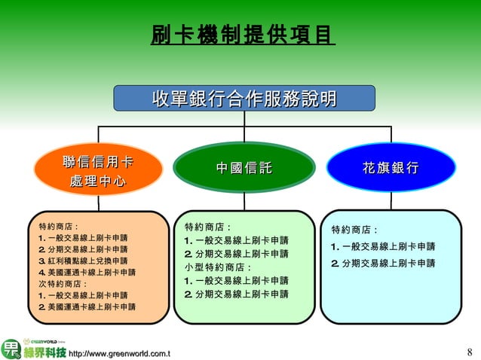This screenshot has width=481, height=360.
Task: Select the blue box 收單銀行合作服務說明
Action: tap(244, 99)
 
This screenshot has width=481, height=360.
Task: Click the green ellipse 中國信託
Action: tap(244, 168)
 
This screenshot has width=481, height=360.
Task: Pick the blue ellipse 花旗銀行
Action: tap(391, 167)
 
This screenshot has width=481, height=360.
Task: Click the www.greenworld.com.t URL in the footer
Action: tap(119, 353)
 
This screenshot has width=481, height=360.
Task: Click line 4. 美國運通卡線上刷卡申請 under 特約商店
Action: tap(87, 272)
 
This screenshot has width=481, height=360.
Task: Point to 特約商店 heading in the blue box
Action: tap(354, 230)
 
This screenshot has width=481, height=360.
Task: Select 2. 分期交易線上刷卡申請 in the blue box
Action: tap(383, 264)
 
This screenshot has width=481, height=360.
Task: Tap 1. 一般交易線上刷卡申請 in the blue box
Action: tap(383, 247)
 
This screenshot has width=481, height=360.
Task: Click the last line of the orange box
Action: tap(87, 307)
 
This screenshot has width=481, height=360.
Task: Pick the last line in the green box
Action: tap(236, 294)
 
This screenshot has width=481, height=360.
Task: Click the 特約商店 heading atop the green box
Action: tap(208, 227)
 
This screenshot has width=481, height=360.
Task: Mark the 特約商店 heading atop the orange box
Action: tap(60, 226)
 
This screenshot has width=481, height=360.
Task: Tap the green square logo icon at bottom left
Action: tap(11, 349)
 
